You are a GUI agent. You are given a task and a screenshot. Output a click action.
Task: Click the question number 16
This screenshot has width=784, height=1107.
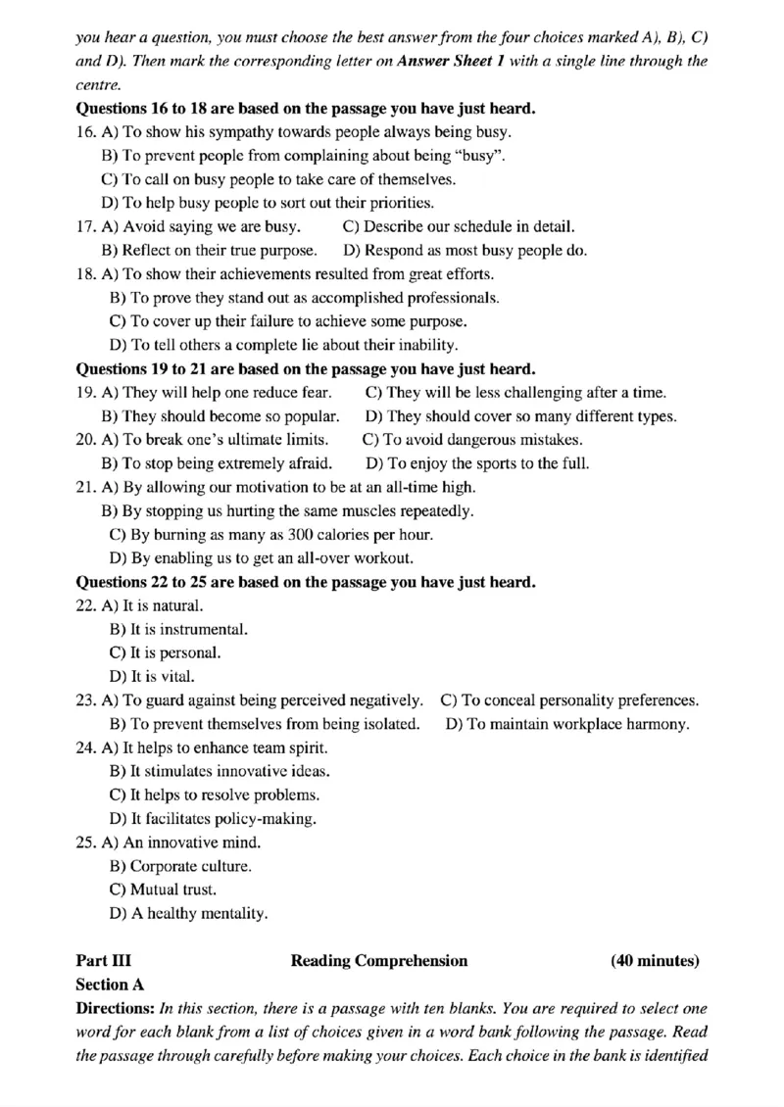(85, 130)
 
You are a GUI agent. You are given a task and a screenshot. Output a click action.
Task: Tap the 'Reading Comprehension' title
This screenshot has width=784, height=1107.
(379, 961)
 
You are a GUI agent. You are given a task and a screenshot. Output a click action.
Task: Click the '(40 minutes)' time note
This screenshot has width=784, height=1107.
(655, 961)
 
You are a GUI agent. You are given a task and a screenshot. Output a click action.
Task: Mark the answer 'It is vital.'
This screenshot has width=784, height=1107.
(152, 676)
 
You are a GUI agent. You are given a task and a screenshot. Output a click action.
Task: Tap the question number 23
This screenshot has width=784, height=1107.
(85, 700)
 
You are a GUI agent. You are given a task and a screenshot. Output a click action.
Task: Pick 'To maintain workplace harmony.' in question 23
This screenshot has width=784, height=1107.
(567, 724)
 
